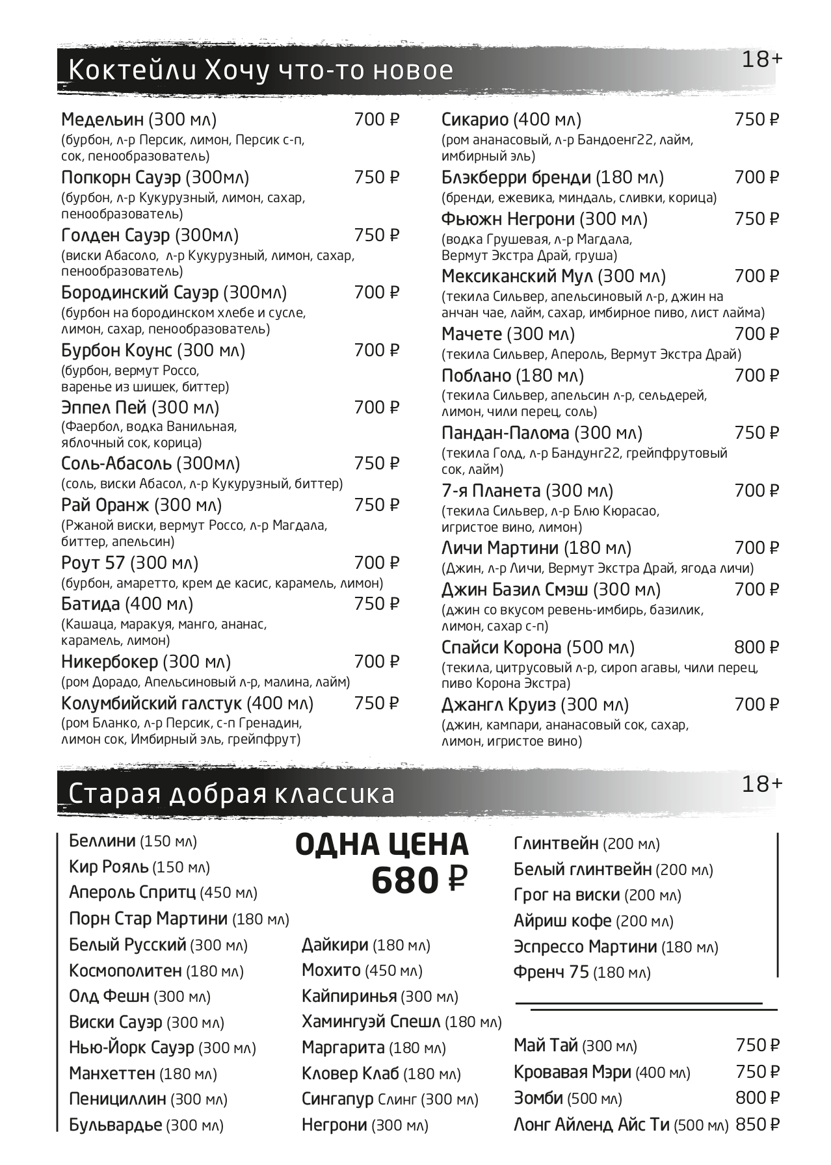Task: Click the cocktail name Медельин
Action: click(102, 120)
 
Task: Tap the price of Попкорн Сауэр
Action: click(376, 177)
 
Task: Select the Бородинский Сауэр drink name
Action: click(140, 293)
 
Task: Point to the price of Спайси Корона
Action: click(756, 648)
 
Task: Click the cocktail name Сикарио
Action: click(475, 120)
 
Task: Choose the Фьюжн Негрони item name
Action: click(508, 219)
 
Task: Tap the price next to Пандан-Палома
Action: click(756, 433)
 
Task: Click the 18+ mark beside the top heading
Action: click(762, 60)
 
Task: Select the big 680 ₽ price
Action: click(419, 881)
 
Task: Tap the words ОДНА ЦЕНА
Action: click(382, 844)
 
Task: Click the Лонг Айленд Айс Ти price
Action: click(758, 1124)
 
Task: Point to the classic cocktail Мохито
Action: click(331, 971)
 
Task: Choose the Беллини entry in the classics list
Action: click(102, 841)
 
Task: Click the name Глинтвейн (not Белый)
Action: click(556, 844)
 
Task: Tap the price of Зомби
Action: click(758, 1098)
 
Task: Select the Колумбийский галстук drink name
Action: click(151, 703)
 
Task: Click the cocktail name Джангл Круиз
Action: click(498, 705)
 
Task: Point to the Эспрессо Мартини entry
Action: click(585, 947)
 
